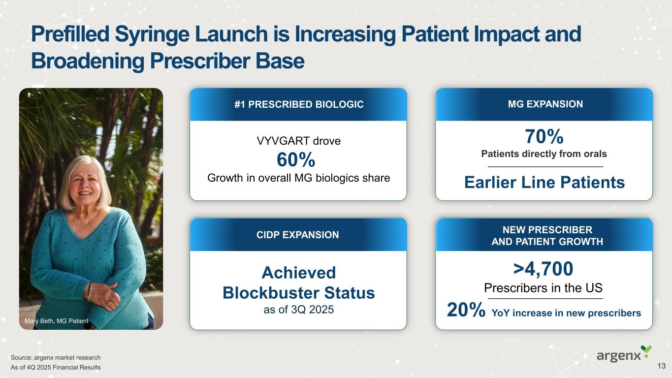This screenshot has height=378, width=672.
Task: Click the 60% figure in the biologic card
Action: [296, 159]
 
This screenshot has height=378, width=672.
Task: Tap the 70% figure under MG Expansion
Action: [544, 136]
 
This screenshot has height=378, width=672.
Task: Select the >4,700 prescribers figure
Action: [543, 269]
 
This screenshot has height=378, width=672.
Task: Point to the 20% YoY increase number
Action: [466, 310]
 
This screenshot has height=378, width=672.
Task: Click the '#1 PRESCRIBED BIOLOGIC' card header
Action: [299, 104]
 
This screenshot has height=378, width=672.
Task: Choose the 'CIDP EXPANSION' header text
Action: [297, 235]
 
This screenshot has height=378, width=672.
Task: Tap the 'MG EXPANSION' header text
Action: [545, 104]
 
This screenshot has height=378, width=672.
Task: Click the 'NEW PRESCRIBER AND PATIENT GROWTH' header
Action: [547, 235]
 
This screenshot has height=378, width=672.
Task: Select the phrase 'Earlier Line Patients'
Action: [544, 182]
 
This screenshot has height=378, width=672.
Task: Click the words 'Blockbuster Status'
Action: [298, 293]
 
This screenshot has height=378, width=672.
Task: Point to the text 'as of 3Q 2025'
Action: [298, 310]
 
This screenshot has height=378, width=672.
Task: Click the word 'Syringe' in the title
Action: [152, 34]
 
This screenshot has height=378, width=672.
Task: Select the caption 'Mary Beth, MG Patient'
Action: [57, 321]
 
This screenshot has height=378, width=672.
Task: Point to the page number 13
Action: [662, 366]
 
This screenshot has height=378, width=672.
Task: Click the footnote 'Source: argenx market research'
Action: [56, 358]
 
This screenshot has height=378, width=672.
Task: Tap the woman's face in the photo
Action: [84, 183]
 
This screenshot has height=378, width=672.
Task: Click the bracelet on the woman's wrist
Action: [90, 291]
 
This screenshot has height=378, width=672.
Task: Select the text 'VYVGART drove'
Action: [299, 141]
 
